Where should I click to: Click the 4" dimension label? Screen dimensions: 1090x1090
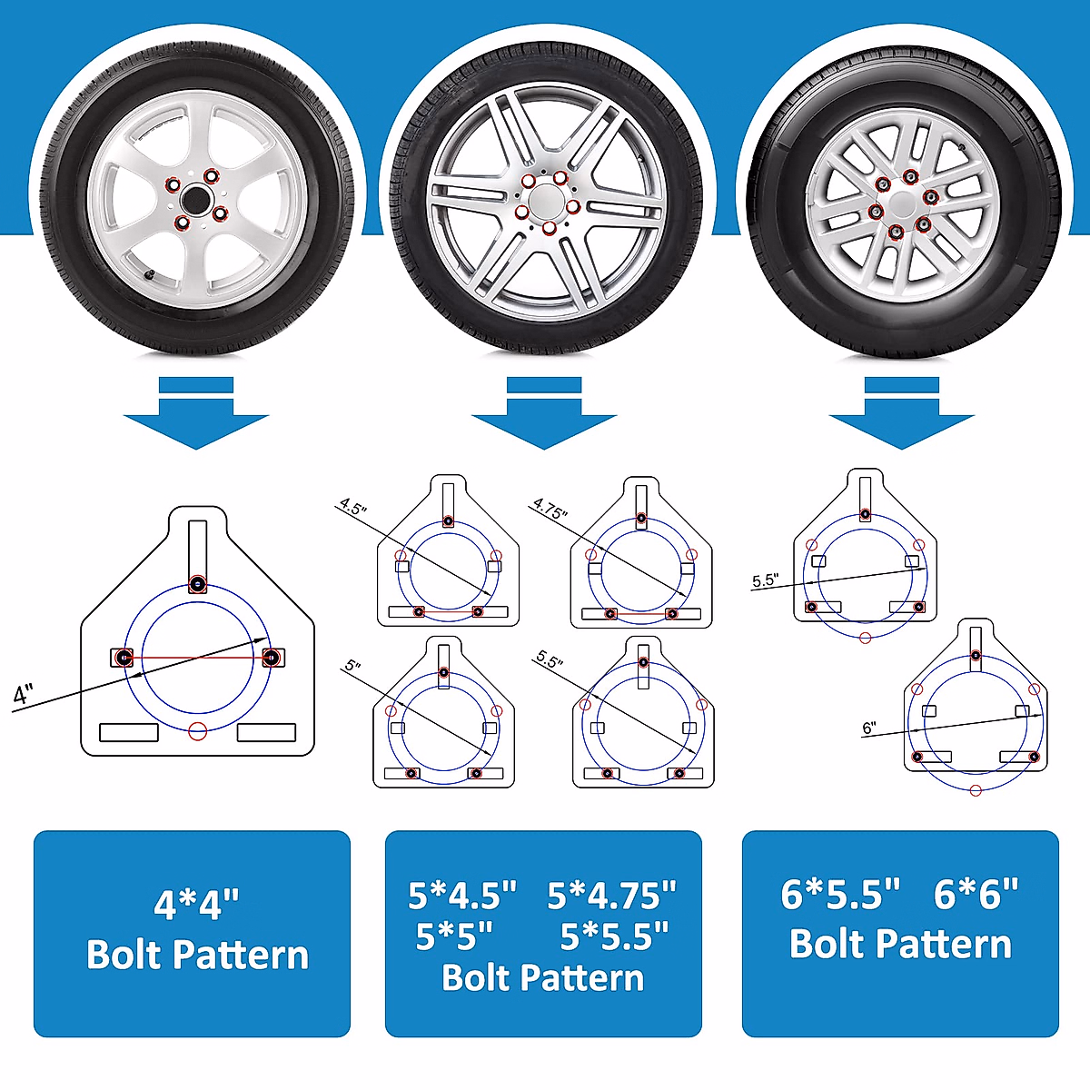[23, 696]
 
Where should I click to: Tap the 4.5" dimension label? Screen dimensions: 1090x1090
[353, 506]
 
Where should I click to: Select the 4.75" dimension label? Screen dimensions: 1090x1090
[550, 508]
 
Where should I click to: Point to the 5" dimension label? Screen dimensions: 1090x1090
[352, 666]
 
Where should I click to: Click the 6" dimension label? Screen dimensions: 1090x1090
[869, 728]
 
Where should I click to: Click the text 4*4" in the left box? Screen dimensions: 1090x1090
[196, 905]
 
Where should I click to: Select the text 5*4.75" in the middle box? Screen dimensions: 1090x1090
[611, 896]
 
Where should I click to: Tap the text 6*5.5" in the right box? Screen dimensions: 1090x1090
[840, 895]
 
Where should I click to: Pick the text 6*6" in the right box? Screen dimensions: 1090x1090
[976, 895]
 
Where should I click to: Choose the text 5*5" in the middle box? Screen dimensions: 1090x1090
[454, 936]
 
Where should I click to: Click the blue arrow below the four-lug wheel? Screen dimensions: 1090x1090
[196, 414]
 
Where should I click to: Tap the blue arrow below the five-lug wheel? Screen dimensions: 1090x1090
[543, 414]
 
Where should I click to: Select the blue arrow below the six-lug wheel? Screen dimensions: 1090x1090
[901, 414]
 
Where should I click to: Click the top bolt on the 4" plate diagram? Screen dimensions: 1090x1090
[198, 584]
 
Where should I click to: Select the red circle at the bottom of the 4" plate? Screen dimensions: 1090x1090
[198, 731]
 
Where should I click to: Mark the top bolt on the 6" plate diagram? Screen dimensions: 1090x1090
[976, 656]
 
